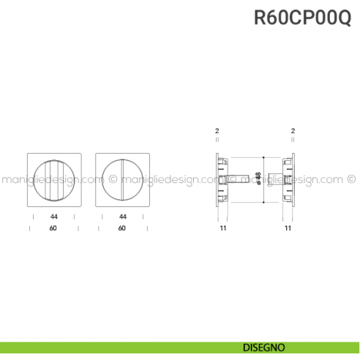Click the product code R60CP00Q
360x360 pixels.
click(x=302, y=17)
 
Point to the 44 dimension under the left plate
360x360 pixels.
click(x=53, y=217)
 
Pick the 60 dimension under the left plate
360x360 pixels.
click(x=53, y=228)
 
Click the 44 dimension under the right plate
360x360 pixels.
click(x=122, y=217)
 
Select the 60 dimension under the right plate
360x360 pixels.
click(x=121, y=228)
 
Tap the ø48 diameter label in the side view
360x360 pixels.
click(x=258, y=178)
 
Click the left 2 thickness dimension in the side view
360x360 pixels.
click(x=217, y=131)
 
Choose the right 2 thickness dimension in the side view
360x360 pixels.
click(x=292, y=131)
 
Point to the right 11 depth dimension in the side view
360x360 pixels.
click(x=288, y=228)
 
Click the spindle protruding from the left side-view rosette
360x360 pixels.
click(x=236, y=178)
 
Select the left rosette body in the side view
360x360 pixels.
click(x=221, y=178)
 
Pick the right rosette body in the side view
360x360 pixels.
click(x=288, y=178)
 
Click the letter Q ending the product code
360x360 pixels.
click(x=343, y=17)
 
